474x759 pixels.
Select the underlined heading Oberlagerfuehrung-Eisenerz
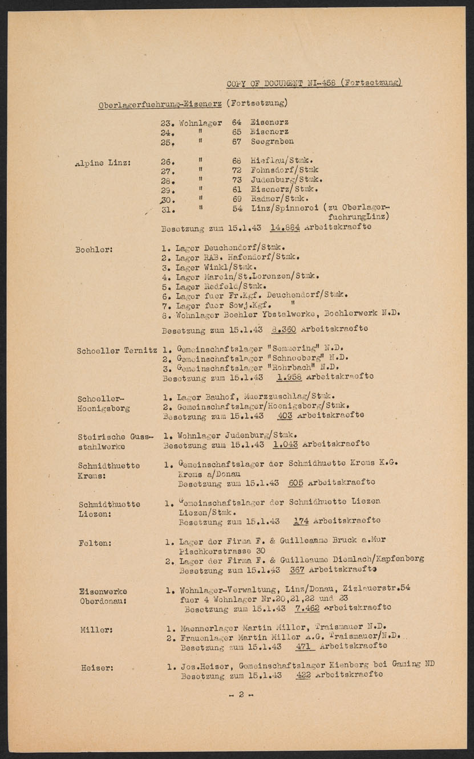click(x=160, y=104)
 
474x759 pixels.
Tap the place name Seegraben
click(x=272, y=142)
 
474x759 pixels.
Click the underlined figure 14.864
click(x=285, y=227)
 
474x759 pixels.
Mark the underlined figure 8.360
click(x=285, y=329)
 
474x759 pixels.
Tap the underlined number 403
click(x=285, y=415)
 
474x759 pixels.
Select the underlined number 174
click(x=300, y=521)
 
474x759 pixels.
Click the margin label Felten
click(x=95, y=543)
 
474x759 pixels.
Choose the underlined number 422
click(x=303, y=675)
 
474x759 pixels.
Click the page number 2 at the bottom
click(x=241, y=695)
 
